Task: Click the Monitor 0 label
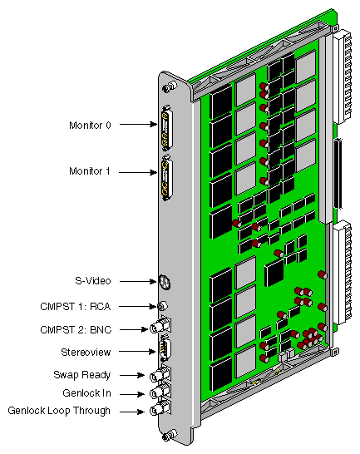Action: [90, 125]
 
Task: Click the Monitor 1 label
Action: [90, 170]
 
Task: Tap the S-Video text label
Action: [91, 280]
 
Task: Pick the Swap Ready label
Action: [84, 375]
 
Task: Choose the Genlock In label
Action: [86, 393]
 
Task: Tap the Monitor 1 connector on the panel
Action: [170, 178]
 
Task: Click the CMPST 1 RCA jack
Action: [163, 307]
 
